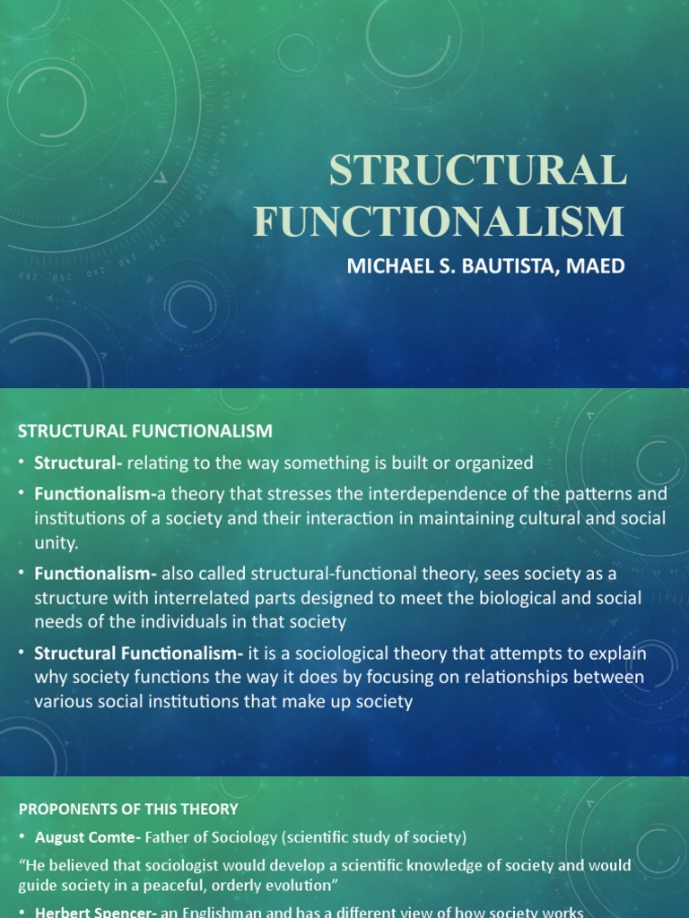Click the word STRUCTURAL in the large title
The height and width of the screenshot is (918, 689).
click(x=477, y=171)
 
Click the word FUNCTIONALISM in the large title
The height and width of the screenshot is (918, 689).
click(x=439, y=221)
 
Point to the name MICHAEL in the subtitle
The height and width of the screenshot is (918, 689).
click(x=385, y=266)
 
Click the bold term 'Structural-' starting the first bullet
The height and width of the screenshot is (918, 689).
click(x=79, y=463)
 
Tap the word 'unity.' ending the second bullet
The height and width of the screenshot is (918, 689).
click(x=57, y=542)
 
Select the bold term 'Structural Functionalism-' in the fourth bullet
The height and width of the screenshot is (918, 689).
click(x=134, y=654)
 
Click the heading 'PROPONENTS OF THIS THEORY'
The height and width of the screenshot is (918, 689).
click(x=128, y=809)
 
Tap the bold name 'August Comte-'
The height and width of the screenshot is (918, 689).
click(x=82, y=837)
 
